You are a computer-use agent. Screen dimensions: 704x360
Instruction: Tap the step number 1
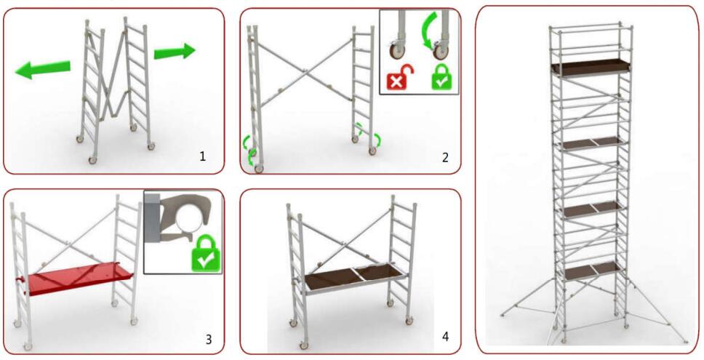click(x=202, y=156)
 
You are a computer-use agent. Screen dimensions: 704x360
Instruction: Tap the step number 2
click(x=445, y=158)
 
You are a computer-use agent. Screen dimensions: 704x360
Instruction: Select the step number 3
click(x=208, y=340)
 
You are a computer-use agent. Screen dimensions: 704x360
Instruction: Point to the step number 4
click(x=445, y=336)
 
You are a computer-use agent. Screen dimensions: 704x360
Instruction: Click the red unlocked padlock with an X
click(x=399, y=77)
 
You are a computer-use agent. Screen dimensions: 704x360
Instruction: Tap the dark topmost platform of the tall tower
click(x=590, y=67)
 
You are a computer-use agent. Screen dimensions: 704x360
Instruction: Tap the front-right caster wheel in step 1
click(x=151, y=146)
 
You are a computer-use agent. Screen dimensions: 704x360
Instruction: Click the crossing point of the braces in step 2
click(x=305, y=71)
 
